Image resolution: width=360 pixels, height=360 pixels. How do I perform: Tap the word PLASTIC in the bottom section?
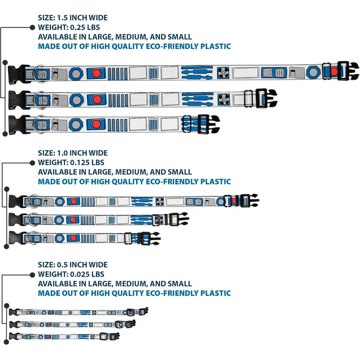click(x=215, y=294)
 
